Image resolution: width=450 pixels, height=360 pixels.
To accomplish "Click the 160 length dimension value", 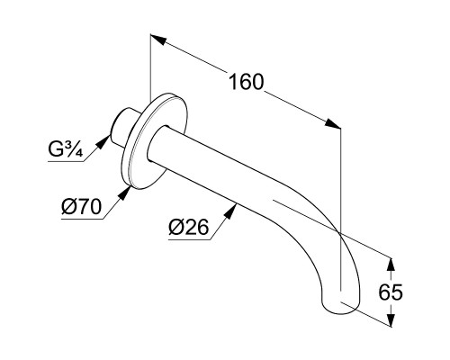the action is (246, 82).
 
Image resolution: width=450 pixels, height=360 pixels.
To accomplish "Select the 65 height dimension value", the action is (391, 292).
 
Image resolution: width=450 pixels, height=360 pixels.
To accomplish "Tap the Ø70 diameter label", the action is (82, 207).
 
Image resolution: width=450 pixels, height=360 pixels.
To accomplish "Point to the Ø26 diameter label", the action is (188, 227).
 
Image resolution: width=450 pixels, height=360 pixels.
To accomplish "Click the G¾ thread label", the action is (65, 149).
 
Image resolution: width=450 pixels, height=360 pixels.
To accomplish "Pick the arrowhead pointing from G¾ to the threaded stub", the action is (103, 141).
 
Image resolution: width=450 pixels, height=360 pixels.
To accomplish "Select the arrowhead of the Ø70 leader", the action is (124, 193).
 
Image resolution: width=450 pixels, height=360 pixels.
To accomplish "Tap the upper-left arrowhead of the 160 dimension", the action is (158, 40).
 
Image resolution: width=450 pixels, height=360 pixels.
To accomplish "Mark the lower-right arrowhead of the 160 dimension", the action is (333, 123).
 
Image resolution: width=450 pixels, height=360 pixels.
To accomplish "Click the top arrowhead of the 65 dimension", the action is (391, 265).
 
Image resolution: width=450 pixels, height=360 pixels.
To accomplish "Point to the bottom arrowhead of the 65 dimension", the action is (391, 319).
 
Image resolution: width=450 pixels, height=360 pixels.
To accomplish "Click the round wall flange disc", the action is (153, 141).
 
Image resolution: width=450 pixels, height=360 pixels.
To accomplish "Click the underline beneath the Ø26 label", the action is (189, 240).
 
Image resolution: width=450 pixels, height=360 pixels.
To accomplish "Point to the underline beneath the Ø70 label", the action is (82, 220).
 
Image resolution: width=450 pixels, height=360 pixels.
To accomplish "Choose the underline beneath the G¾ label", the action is (66, 162).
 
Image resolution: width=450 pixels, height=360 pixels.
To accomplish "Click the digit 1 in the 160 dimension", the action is (233, 82).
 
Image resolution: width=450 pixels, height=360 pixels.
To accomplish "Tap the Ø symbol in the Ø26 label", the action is (175, 227).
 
